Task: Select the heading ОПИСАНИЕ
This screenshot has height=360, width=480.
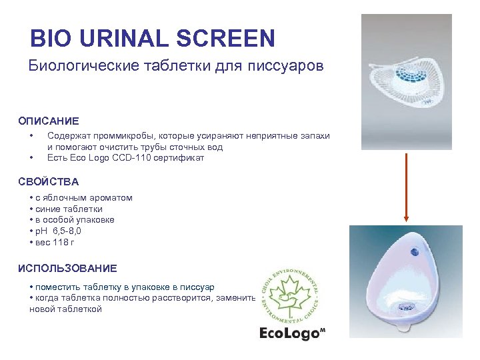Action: click(x=49, y=121)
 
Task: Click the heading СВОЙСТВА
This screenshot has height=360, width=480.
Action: click(x=49, y=181)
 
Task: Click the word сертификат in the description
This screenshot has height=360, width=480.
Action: click(x=181, y=158)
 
